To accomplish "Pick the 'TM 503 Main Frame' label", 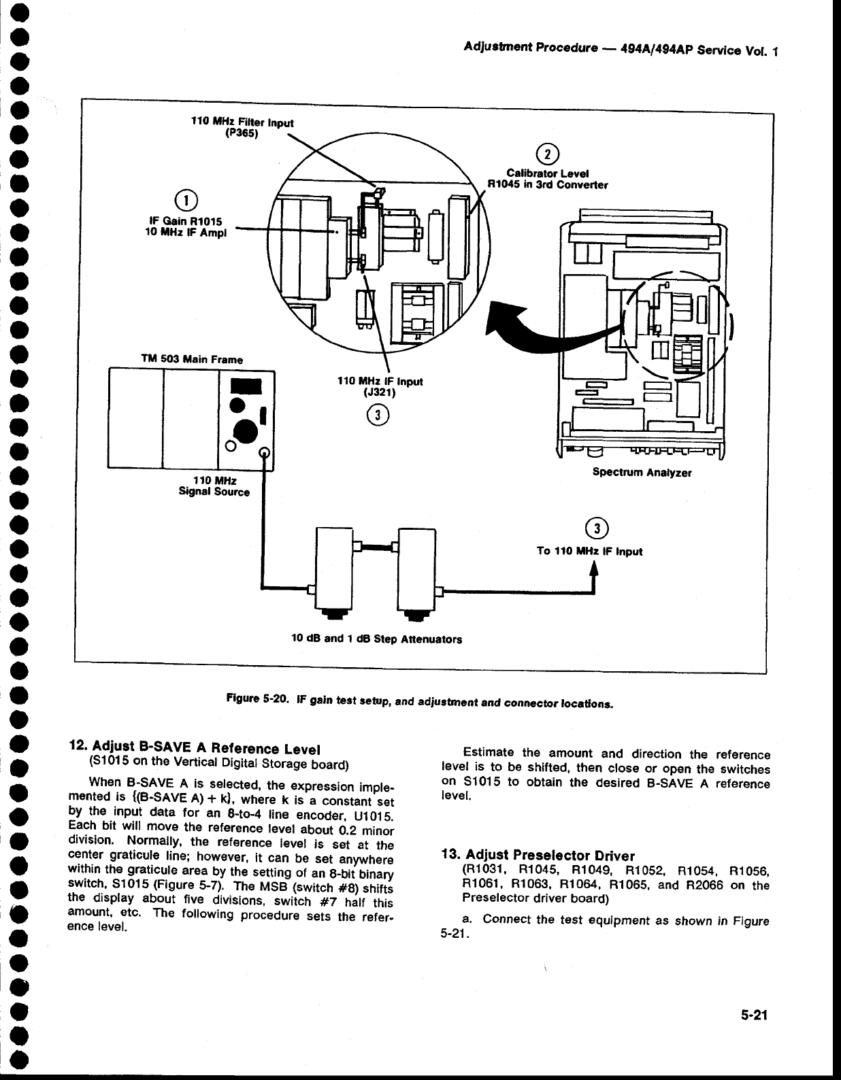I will pyautogui.click(x=191, y=358).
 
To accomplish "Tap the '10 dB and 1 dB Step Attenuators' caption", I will pyautogui.click(x=376, y=639).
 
